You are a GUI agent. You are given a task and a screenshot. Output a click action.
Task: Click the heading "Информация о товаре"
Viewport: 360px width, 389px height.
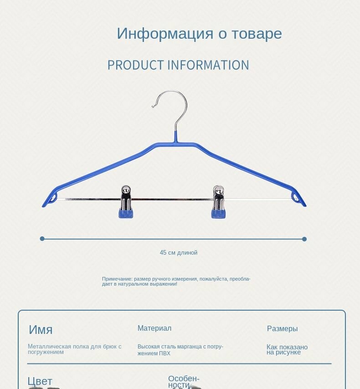(x=199, y=34)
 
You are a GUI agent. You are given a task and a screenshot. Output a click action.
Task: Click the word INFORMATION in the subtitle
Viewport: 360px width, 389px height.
(x=208, y=65)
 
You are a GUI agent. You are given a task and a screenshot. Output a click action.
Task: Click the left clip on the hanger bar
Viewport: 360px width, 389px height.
(x=126, y=201)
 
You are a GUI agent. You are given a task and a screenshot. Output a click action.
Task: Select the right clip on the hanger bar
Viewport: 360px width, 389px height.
(x=218, y=201)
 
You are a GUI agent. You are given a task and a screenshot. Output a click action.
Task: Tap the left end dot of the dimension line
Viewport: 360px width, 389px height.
(x=42, y=239)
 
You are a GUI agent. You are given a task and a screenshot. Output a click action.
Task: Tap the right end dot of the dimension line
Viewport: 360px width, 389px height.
(x=304, y=239)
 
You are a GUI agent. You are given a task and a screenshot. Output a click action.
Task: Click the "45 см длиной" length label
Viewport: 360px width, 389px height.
(x=179, y=252)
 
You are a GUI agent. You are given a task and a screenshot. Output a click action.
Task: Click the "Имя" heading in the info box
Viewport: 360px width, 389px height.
(x=41, y=330)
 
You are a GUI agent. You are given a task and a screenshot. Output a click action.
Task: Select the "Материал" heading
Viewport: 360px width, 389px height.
(x=154, y=328)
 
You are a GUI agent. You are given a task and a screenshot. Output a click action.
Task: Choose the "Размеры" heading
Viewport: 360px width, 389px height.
(x=282, y=329)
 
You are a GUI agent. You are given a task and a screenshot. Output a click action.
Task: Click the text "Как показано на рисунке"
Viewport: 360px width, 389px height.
(x=287, y=349)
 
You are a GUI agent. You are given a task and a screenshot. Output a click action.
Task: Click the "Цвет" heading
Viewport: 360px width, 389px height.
(x=40, y=381)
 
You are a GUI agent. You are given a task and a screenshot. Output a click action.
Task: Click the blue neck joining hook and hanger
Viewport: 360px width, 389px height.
(x=176, y=137)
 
